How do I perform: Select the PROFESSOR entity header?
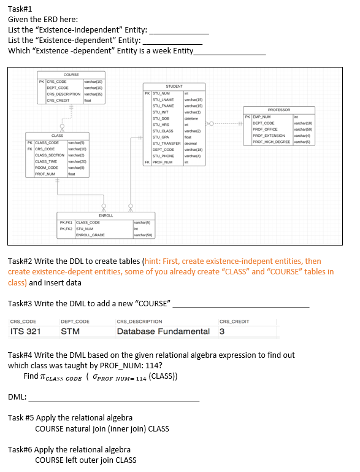pos(279,109)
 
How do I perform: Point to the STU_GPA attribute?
pos(160,137)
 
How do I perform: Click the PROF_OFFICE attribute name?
pos(266,130)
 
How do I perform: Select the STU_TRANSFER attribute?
pos(165,143)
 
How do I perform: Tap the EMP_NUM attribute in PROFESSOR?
pos(262,117)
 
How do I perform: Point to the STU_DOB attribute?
pos(160,118)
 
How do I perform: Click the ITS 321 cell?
pos(26,331)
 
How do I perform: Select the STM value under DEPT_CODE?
pos(69,331)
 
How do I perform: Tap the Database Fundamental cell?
pos(163,331)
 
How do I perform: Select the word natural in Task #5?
pos(78,428)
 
